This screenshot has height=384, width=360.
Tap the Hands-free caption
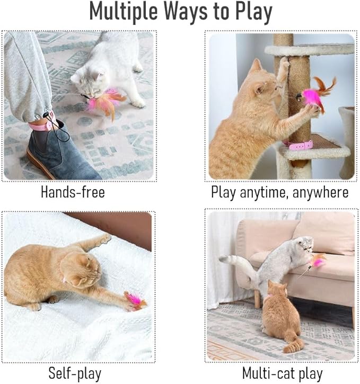[x=73, y=192]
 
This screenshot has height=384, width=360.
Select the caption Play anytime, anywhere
[x=279, y=192]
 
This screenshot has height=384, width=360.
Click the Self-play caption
[x=75, y=373]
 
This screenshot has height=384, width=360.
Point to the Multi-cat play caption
[x=282, y=373]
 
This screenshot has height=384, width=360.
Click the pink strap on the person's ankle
[x=42, y=124]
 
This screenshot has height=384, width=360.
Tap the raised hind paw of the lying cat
[x=103, y=239]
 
